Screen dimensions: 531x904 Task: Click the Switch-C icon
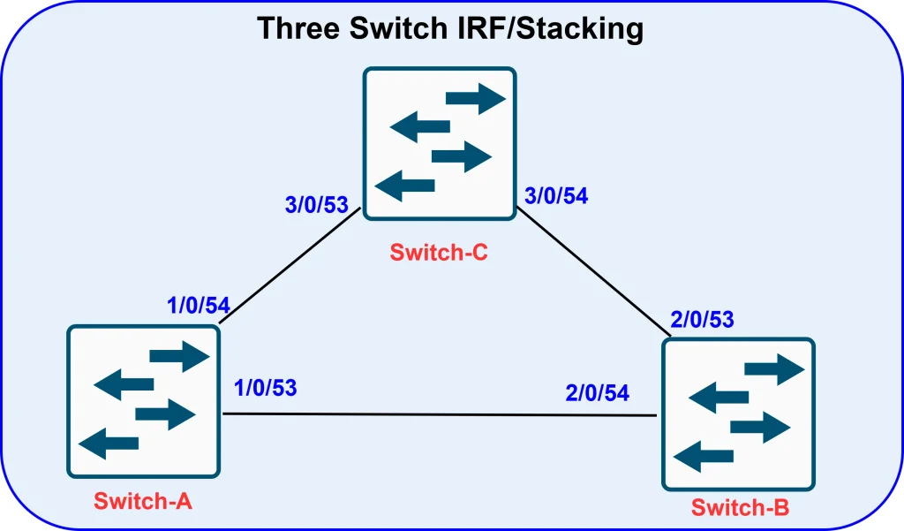[440, 144]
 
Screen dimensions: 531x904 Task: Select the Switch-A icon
[143, 401]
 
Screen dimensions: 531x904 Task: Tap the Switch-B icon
[738, 414]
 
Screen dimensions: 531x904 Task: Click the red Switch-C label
[439, 253]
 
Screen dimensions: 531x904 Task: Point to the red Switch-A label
[143, 502]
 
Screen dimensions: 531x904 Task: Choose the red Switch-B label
[740, 507]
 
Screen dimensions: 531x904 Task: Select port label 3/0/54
[556, 196]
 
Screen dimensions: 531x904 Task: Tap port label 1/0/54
[199, 306]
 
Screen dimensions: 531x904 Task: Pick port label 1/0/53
[265, 387]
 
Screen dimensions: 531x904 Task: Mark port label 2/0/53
[703, 319]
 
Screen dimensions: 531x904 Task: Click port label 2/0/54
[598, 393]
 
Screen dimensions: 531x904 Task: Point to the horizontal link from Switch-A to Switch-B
[441, 414]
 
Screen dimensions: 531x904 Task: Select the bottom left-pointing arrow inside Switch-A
[109, 444]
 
